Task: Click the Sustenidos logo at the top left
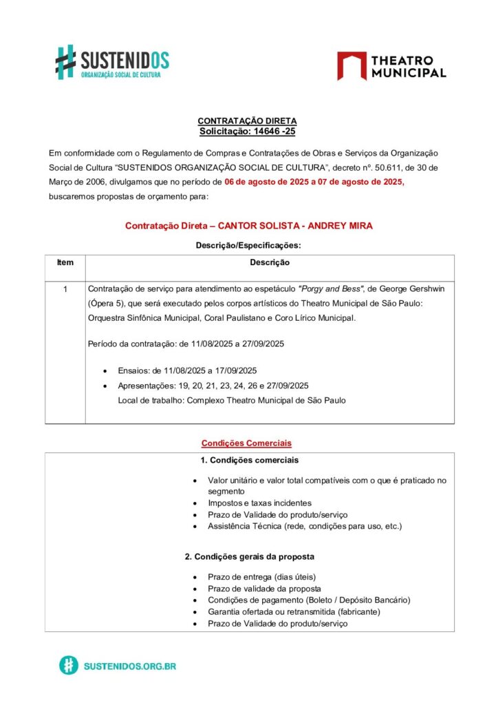coord(112,61)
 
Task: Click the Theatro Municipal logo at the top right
coord(391,66)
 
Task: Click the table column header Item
coord(65,262)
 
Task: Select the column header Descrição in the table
coord(269,262)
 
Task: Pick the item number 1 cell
coord(65,289)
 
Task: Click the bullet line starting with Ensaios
coord(187,370)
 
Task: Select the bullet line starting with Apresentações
coord(213,386)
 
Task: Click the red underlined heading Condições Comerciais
coord(246,443)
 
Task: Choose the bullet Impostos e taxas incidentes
coord(259,503)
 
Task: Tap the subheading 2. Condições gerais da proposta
coord(250,556)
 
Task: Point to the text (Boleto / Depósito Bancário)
coord(356,600)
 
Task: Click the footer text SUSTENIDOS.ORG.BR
coord(129,666)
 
